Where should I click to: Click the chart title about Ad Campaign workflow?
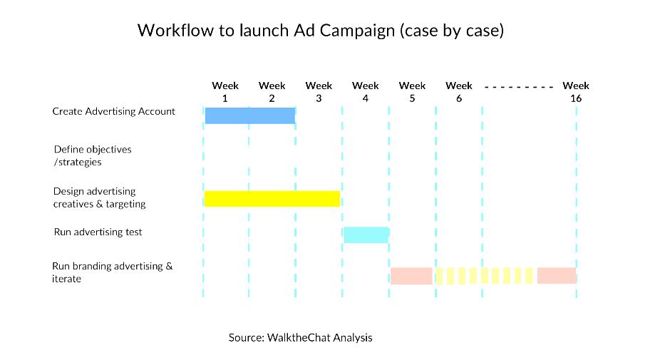pyautogui.click(x=321, y=31)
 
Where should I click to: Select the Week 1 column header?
pyautogui.click(x=225, y=92)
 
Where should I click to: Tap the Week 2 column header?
pyautogui.click(x=272, y=92)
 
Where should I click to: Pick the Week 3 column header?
pyautogui.click(x=319, y=92)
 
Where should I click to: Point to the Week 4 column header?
pyautogui.click(x=366, y=92)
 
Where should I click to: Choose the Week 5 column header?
pyautogui.click(x=412, y=92)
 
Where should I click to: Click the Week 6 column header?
pyautogui.click(x=459, y=92)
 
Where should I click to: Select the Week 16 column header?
pyautogui.click(x=576, y=92)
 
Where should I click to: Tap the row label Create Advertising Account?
pyautogui.click(x=113, y=111)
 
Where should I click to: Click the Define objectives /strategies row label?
pyautogui.click(x=93, y=155)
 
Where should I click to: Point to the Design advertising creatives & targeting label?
pyautogui.click(x=99, y=197)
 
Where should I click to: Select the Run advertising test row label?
pyautogui.click(x=98, y=232)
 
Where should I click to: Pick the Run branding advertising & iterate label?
pyautogui.click(x=113, y=272)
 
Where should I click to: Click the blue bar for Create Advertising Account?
pyautogui.click(x=250, y=115)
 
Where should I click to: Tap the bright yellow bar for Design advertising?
pyautogui.click(x=272, y=199)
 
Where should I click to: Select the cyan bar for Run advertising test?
pyautogui.click(x=367, y=235)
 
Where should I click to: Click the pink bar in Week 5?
pyautogui.click(x=411, y=276)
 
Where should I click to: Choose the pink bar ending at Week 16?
pyautogui.click(x=557, y=276)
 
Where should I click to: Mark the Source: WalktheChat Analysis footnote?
pyautogui.click(x=300, y=337)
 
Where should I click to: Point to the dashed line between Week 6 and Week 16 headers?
pyautogui.click(x=519, y=87)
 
